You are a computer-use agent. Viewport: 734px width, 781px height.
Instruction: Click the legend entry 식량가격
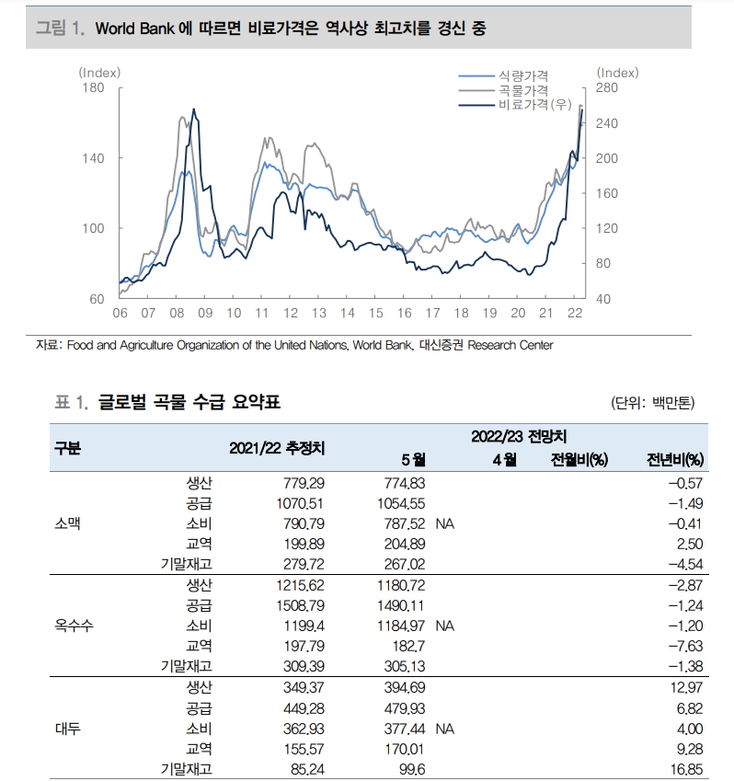pyautogui.click(x=522, y=75)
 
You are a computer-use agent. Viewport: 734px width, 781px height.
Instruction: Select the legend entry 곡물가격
pyautogui.click(x=522, y=90)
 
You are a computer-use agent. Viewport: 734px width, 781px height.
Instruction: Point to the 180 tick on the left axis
pyautogui.click(x=93, y=87)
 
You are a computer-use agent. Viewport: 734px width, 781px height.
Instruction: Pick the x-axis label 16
pyautogui.click(x=404, y=313)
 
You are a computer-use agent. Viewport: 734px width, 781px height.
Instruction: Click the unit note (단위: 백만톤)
pyautogui.click(x=653, y=403)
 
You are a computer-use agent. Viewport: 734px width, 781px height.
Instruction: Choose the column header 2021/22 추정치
pyautogui.click(x=277, y=449)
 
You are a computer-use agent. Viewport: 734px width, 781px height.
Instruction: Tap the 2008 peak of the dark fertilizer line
pyautogui.click(x=193, y=109)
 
